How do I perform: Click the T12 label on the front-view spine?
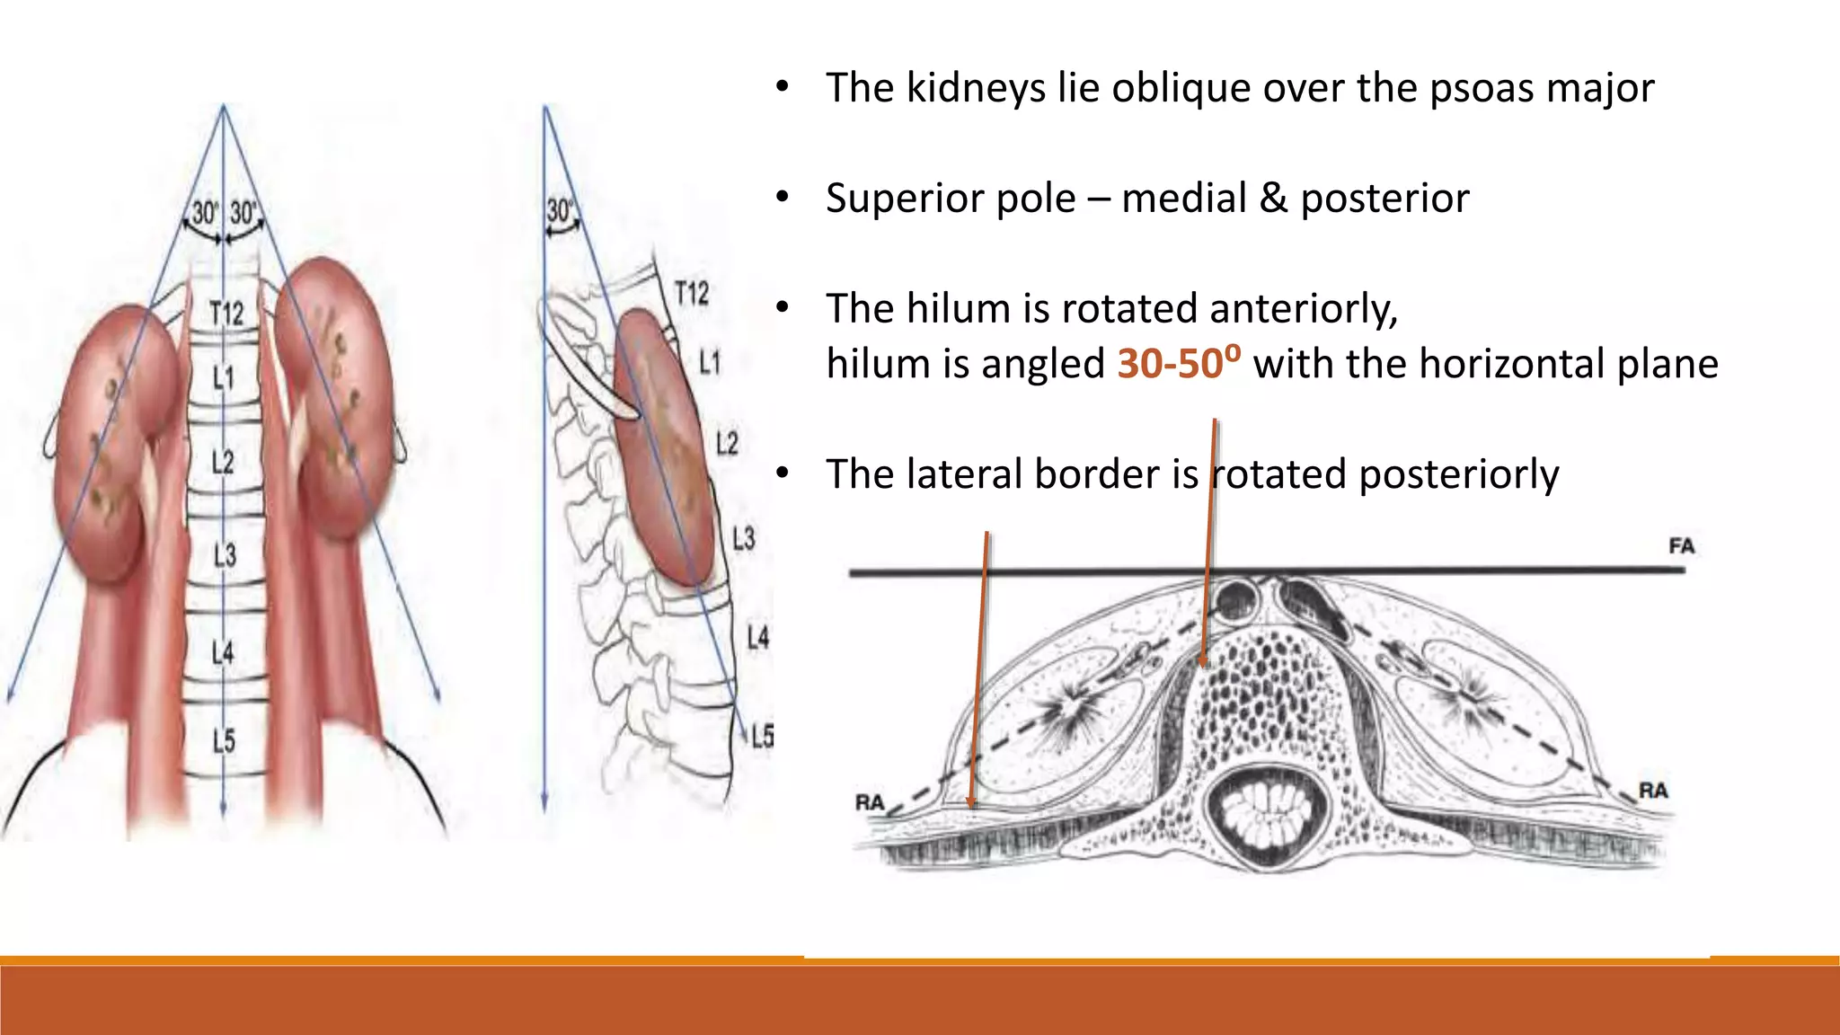click(x=226, y=313)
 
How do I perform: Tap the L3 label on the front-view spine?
click(x=225, y=554)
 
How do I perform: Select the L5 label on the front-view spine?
click(x=224, y=740)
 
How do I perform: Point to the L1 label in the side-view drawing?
click(x=710, y=363)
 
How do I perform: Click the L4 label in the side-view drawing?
click(x=758, y=638)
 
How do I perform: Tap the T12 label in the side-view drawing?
click(x=692, y=293)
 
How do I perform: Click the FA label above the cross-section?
click(x=1681, y=545)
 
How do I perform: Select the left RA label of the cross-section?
click(x=870, y=801)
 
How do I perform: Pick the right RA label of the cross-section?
click(x=1653, y=791)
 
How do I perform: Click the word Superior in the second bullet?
click(x=951, y=199)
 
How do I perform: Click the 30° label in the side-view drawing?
click(x=559, y=211)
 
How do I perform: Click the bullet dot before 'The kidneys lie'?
click(x=783, y=87)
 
